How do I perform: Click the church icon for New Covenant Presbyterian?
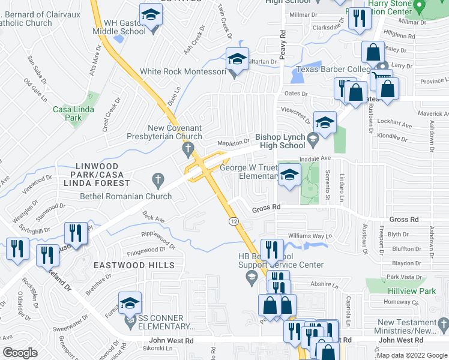[x=188, y=148]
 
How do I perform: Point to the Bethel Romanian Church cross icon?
[x=158, y=179]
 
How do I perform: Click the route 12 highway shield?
[x=232, y=221]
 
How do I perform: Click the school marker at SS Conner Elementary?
[x=130, y=305]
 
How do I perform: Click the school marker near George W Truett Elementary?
[x=289, y=175]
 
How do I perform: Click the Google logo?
[x=20, y=353]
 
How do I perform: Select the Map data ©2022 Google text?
[x=412, y=355]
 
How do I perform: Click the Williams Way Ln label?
[x=309, y=236]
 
